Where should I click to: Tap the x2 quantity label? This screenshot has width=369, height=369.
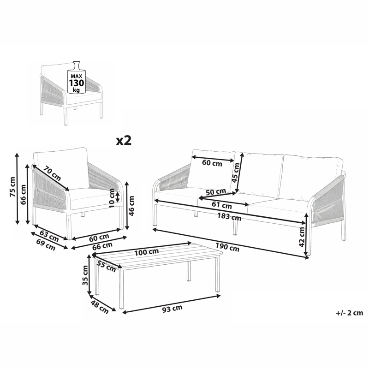click(123, 140)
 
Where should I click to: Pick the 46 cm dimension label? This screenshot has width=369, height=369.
click(132, 206)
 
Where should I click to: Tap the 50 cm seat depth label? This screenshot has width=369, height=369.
click(215, 191)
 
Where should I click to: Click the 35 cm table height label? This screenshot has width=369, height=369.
click(85, 276)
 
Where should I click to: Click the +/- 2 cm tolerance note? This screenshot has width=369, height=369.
click(350, 313)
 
